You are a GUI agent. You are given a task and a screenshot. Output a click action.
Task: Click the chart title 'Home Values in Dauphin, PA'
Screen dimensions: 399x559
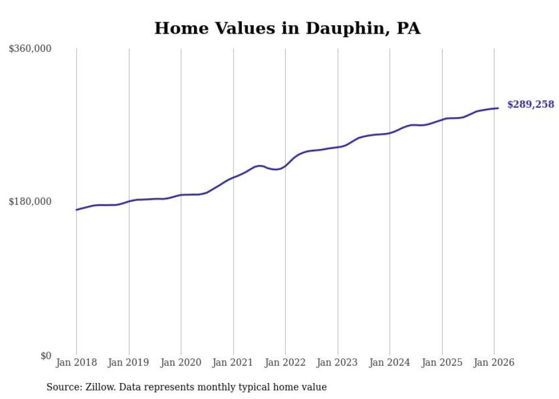click(x=287, y=29)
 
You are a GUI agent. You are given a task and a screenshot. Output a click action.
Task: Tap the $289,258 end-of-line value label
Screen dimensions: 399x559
click(x=530, y=104)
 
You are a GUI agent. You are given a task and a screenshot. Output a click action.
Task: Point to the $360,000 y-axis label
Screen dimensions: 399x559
click(x=30, y=49)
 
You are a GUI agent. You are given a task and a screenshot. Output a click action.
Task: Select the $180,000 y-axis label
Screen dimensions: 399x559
click(x=30, y=201)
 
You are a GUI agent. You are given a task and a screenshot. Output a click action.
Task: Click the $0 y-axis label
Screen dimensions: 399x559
click(x=46, y=356)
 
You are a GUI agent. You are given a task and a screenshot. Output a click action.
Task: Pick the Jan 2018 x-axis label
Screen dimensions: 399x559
click(x=76, y=363)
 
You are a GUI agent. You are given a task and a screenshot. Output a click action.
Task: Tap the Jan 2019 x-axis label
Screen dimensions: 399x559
click(x=129, y=363)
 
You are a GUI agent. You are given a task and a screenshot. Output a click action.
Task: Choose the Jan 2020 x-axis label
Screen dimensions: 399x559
click(x=181, y=363)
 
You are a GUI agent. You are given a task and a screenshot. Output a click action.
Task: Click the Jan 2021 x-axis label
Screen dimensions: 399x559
click(x=233, y=363)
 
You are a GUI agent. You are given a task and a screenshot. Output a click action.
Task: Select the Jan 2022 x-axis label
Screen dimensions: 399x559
click(x=285, y=363)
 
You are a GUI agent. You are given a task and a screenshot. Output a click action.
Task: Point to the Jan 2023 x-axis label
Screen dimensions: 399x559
click(x=338, y=363)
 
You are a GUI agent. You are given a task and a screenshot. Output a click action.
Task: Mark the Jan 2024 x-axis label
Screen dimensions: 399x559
click(x=390, y=363)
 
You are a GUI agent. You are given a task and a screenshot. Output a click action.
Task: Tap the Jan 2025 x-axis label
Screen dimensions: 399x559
click(x=442, y=363)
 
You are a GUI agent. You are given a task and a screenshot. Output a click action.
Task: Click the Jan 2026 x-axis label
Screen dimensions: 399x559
click(x=494, y=363)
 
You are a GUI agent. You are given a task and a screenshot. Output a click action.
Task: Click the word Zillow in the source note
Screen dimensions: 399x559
click(x=98, y=388)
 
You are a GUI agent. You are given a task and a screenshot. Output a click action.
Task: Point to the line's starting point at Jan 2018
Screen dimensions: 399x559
click(x=76, y=209)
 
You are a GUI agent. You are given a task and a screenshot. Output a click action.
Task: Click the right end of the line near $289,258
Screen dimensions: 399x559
click(x=498, y=108)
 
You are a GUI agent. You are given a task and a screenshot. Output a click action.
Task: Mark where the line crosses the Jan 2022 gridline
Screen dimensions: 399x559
click(x=285, y=166)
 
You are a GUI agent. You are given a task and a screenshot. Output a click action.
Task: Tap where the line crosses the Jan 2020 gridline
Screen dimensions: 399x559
click(x=181, y=195)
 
